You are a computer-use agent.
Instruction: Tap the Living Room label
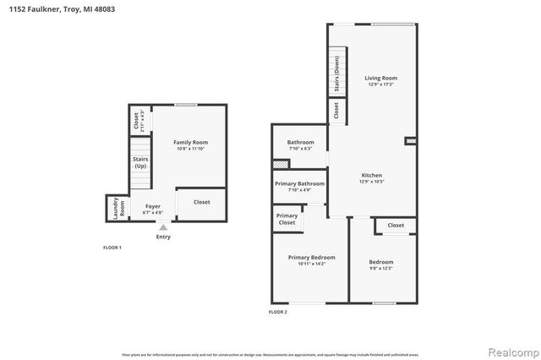pyautogui.click(x=380, y=78)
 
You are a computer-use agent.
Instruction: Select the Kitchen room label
pyautogui.click(x=372, y=175)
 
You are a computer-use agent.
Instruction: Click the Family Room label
pyautogui.click(x=190, y=142)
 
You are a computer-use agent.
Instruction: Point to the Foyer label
pyautogui.click(x=152, y=205)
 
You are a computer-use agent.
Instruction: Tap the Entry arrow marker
pyautogui.click(x=163, y=227)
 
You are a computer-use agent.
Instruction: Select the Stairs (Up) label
pyautogui.click(x=139, y=162)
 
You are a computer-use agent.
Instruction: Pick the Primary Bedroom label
pyautogui.click(x=311, y=257)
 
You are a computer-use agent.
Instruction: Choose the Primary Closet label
pyautogui.click(x=287, y=219)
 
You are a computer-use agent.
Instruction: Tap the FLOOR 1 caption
pyautogui.click(x=112, y=248)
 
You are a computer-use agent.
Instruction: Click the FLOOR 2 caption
pyautogui.click(x=278, y=313)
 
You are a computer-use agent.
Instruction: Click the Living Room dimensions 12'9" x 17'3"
pyautogui.click(x=381, y=85)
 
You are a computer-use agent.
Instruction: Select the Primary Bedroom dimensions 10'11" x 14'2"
pyautogui.click(x=311, y=264)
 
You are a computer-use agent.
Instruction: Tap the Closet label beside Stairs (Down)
pyautogui.click(x=336, y=110)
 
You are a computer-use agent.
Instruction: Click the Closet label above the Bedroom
pyautogui.click(x=396, y=226)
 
